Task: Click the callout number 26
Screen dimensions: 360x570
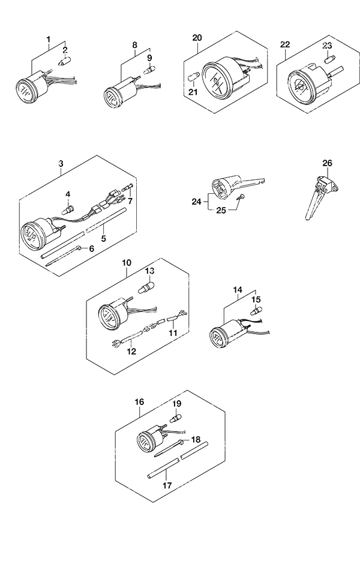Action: [327, 163]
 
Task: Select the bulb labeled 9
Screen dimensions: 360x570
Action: [148, 70]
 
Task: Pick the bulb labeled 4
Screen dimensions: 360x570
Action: [69, 210]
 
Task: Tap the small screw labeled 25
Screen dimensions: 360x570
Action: [241, 197]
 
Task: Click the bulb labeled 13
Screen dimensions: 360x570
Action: [145, 287]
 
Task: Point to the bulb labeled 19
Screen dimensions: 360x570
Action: [176, 418]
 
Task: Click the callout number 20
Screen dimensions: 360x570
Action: [197, 38]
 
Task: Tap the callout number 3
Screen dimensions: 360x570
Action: [61, 164]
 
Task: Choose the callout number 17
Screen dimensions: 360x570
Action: [167, 485]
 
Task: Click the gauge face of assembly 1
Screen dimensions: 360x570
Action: [25, 90]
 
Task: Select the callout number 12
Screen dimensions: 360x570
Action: [131, 351]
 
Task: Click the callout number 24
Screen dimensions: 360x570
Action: [196, 201]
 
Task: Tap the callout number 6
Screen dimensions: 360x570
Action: [91, 248]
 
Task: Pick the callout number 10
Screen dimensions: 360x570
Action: [127, 262]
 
